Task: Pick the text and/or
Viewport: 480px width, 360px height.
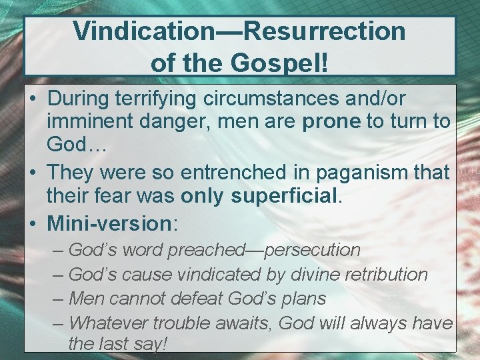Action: [381, 99]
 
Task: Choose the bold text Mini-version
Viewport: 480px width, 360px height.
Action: [109, 221]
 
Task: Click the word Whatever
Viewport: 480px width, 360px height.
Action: [109, 323]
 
